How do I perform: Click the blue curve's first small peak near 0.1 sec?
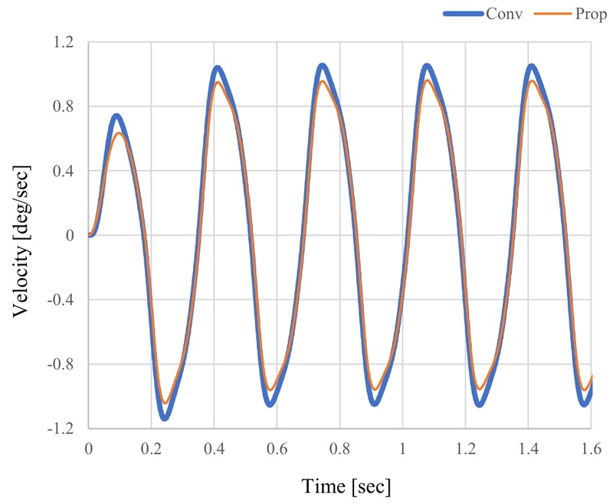point(116,116)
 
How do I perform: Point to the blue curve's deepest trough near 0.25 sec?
point(164,417)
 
